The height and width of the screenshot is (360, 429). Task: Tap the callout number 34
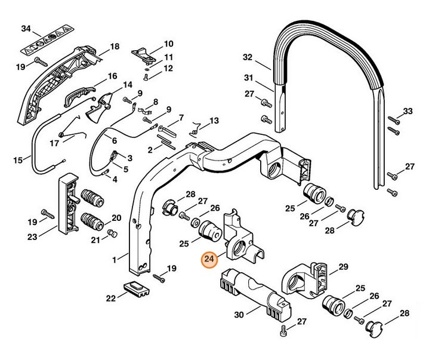click(x=26, y=29)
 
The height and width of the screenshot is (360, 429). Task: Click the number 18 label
click(x=115, y=46)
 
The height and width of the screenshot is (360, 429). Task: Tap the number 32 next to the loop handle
click(x=248, y=58)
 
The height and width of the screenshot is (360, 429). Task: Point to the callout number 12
click(x=168, y=68)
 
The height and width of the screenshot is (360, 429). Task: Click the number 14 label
click(x=127, y=85)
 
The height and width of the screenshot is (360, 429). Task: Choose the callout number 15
click(x=18, y=159)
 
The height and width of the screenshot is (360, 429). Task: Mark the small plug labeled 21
click(x=112, y=232)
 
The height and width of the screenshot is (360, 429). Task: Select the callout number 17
click(x=54, y=143)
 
